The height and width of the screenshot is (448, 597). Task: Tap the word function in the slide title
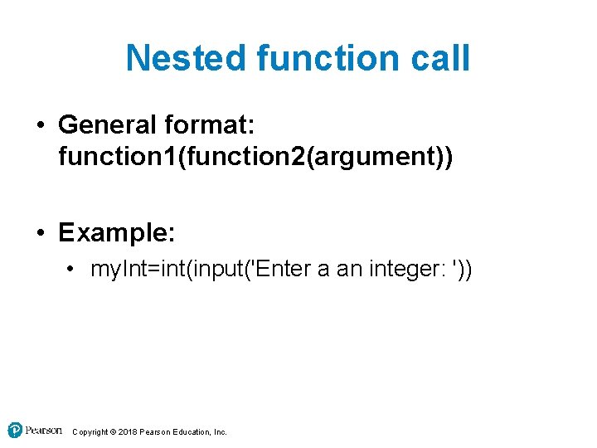[318, 58]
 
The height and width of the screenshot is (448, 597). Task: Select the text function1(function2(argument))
[255, 155]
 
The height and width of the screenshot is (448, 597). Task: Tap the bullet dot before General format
[41, 126]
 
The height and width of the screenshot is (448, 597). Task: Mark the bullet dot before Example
[41, 233]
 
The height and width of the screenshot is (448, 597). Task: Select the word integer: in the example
[401, 270]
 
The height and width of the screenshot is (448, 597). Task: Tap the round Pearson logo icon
[15, 430]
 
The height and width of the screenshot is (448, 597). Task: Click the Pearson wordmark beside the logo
[43, 430]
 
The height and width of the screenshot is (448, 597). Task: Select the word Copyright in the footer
[90, 432]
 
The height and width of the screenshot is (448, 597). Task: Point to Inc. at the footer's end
[220, 432]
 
